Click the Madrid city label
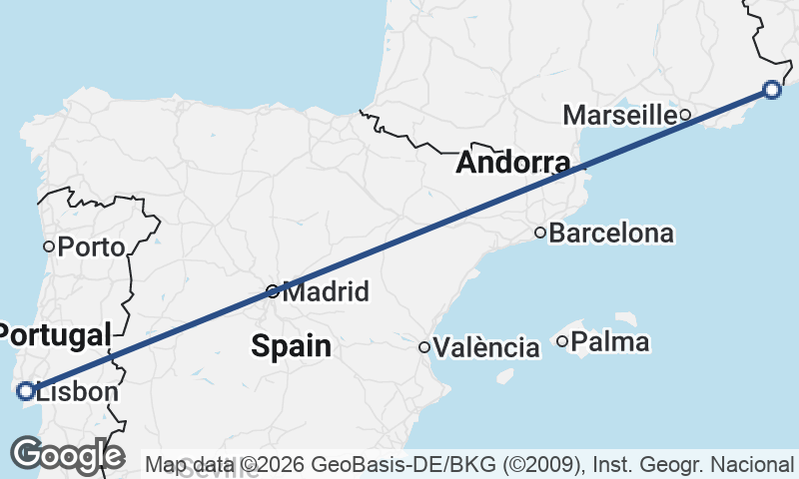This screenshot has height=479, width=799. [326, 292]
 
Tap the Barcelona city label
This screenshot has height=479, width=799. [611, 234]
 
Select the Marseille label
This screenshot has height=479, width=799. [619, 115]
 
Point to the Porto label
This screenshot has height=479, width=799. [91, 246]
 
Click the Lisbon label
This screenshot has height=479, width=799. [78, 392]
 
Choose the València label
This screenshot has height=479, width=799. [488, 347]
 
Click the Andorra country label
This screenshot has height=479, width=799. [513, 164]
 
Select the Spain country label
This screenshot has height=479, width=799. [291, 346]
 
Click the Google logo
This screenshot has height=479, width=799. [67, 455]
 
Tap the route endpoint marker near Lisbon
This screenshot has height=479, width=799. [26, 391]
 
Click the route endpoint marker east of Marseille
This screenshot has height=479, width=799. [772, 89]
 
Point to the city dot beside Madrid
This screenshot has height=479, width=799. [273, 291]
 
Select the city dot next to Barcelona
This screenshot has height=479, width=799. [540, 234]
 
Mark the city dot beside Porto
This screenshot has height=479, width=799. [48, 245]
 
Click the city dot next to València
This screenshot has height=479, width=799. [424, 347]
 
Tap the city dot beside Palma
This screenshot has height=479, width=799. [562, 342]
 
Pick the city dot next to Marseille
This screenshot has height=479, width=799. [685, 115]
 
